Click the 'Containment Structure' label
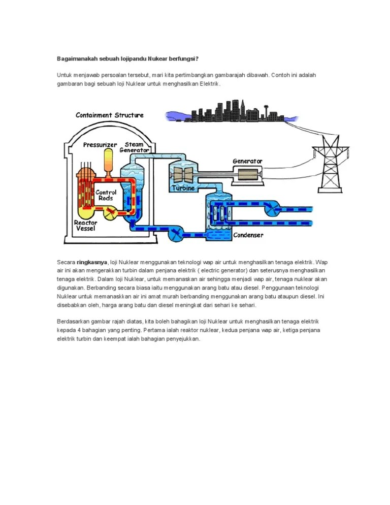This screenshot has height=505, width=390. (x=109, y=115)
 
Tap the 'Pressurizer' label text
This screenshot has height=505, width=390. (x=100, y=145)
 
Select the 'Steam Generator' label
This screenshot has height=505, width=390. (x=134, y=147)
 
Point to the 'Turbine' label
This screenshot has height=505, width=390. (x=183, y=188)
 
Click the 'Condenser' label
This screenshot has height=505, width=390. (x=248, y=235)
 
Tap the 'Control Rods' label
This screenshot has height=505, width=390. (x=106, y=195)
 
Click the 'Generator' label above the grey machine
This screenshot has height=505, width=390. (x=247, y=161)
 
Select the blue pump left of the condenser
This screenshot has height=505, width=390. (x=176, y=234)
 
